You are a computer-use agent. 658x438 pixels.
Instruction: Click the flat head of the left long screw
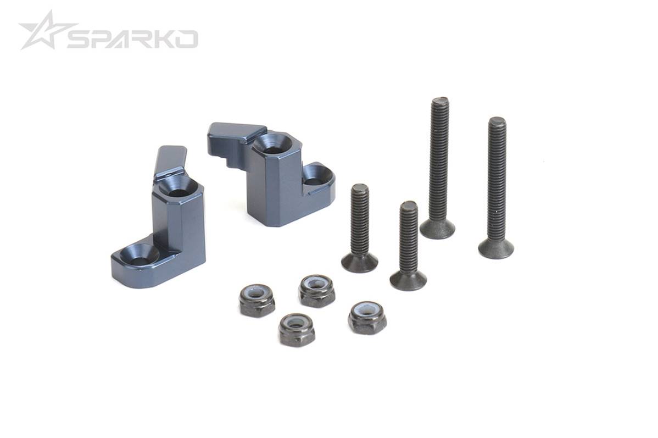click(x=438, y=229)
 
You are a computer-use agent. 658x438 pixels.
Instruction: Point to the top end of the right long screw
click(x=497, y=121)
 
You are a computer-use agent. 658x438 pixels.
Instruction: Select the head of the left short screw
click(x=360, y=263)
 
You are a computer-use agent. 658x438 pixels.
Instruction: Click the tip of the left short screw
click(x=360, y=188)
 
